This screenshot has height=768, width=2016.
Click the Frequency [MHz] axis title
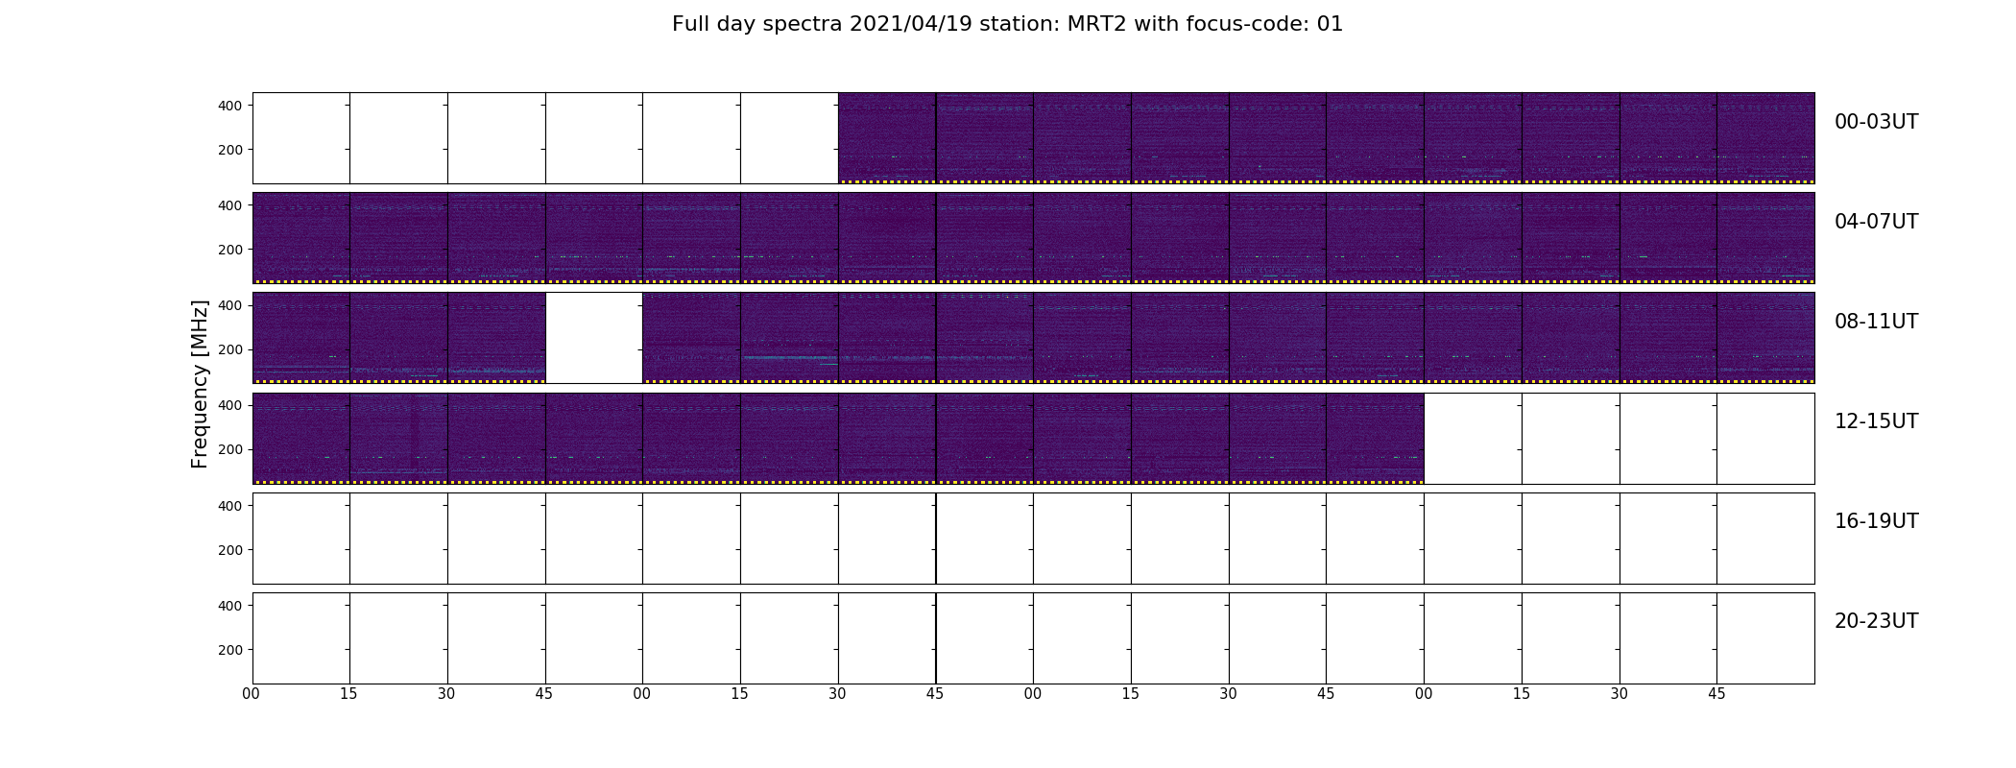click(x=200, y=384)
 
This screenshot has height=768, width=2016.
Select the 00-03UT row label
click(x=1876, y=122)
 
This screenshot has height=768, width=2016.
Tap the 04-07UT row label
click(x=1876, y=222)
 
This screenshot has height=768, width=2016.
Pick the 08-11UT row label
click(x=1876, y=322)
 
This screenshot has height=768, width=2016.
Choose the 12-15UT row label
click(x=1876, y=421)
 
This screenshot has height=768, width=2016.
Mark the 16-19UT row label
click(x=1876, y=521)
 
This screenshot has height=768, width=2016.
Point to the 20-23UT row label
click(x=1876, y=621)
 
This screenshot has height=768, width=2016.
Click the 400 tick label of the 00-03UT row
click(x=230, y=106)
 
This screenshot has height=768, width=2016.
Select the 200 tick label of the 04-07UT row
click(x=230, y=250)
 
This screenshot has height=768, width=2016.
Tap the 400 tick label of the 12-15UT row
click(x=230, y=405)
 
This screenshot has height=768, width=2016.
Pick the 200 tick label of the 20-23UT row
click(x=230, y=650)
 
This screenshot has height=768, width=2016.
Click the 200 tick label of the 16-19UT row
click(x=230, y=550)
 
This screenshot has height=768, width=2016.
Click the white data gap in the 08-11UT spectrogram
click(x=594, y=338)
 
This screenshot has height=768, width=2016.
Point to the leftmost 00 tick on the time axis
click(x=252, y=694)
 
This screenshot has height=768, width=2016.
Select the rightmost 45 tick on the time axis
click(x=1716, y=694)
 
